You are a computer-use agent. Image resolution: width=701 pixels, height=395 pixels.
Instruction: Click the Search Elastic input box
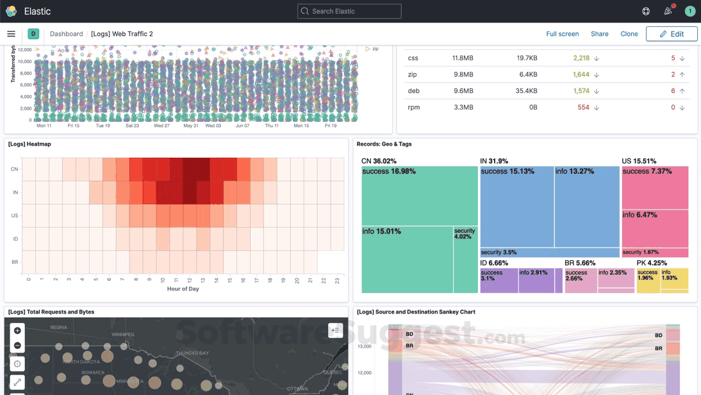pos(349,11)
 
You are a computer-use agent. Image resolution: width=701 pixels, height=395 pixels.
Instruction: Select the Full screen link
pos(562,34)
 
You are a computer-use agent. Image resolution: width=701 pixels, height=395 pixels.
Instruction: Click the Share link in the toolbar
pos(599,34)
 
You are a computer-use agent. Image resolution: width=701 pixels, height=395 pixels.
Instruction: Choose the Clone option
pos(629,34)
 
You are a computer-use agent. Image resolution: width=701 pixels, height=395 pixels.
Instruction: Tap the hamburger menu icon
pos(11,34)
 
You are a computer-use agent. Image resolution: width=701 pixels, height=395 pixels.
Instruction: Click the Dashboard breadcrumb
pos(66,34)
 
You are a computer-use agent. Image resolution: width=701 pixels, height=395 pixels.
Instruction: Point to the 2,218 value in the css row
pos(581,58)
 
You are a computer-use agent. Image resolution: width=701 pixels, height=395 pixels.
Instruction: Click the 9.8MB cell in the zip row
pos(463,74)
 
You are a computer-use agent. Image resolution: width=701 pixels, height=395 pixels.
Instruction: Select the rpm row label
pos(414,107)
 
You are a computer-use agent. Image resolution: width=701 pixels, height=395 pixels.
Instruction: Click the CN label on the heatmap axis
pos(14,169)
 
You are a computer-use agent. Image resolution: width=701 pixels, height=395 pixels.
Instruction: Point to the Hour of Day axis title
pos(183,289)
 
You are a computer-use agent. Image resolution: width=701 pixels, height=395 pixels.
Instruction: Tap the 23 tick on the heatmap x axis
pos(337,280)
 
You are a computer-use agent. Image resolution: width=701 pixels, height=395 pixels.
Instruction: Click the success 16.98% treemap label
pos(388,171)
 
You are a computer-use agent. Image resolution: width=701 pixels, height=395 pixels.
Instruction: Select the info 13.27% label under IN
pos(574,171)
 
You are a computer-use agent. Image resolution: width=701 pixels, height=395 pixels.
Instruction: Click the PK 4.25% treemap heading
pos(652,263)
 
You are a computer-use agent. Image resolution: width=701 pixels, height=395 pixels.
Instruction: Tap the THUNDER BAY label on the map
pos(192,353)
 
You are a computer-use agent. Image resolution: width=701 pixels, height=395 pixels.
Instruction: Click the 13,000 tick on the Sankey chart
pos(364,346)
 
